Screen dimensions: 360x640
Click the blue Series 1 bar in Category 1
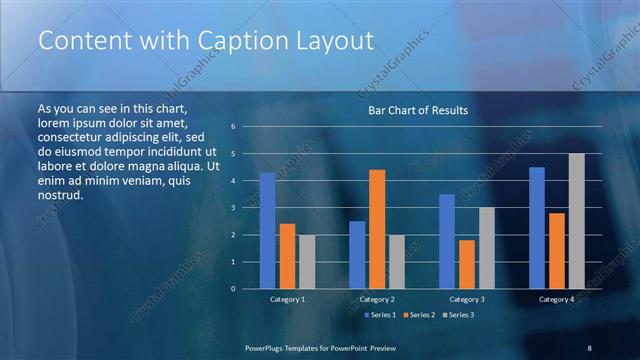(x=267, y=231)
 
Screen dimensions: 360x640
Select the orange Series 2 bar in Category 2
(x=376, y=229)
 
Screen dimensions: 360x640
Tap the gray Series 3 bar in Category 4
(x=576, y=221)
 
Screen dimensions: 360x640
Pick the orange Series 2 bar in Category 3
(x=466, y=264)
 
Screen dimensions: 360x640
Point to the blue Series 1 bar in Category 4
(x=537, y=228)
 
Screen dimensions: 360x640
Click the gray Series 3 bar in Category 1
(x=307, y=262)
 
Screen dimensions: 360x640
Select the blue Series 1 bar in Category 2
(x=357, y=255)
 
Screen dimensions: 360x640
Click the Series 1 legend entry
(x=379, y=315)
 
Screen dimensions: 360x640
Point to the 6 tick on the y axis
(x=232, y=127)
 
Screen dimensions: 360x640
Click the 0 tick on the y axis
(x=232, y=289)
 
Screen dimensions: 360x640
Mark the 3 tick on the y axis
(x=232, y=208)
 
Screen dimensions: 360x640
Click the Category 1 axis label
(x=288, y=300)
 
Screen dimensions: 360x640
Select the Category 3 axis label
(x=467, y=300)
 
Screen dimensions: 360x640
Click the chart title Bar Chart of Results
(x=412, y=110)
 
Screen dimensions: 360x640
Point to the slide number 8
(x=589, y=347)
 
